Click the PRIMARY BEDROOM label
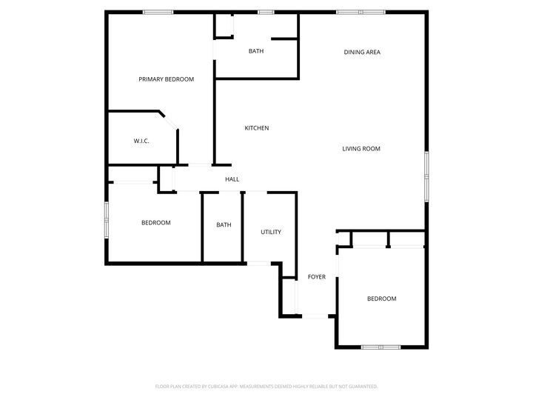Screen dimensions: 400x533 coord(166,79)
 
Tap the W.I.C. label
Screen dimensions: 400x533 coord(141,141)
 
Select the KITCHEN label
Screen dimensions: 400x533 coord(256,128)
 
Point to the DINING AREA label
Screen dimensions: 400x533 coord(362,52)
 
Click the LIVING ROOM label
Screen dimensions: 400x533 coord(361,149)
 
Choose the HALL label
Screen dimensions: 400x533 coord(232,179)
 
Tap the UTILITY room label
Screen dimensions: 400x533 coord(270,232)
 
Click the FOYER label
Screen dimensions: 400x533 coord(316,277)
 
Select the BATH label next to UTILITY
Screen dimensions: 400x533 coord(224,225)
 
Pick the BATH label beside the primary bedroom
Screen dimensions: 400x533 coord(255,51)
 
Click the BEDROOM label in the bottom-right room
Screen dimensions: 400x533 coord(381,299)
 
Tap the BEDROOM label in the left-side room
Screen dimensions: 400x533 coord(155,223)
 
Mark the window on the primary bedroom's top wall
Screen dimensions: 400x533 coord(158,12)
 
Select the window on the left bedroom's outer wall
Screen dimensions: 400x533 coord(107,220)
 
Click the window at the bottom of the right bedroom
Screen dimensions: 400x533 coord(381,347)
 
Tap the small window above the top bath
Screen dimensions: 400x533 coord(266,12)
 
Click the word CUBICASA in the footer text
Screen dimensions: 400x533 coord(214,387)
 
